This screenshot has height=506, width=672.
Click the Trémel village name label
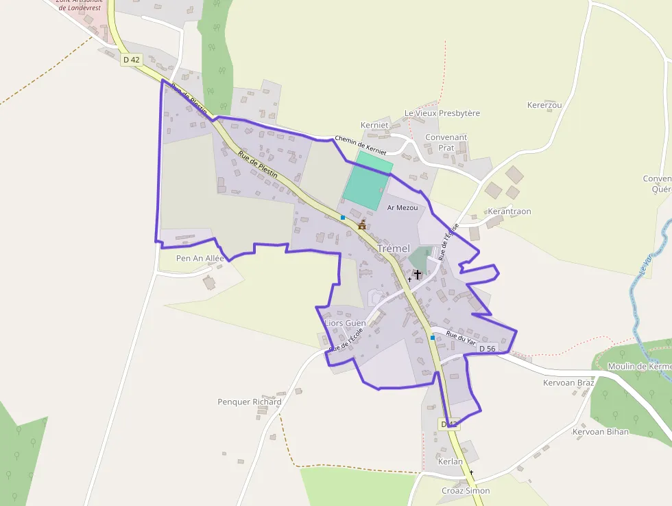point(394,249)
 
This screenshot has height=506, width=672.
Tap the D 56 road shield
point(487,349)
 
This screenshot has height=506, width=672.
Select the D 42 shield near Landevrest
point(131,60)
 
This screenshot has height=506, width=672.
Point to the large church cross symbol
point(417,274)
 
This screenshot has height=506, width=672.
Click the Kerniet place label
point(374,125)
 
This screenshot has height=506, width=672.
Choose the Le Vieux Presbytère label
point(442,113)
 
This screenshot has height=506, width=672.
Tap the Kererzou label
point(544,105)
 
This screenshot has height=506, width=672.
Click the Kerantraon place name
point(509,211)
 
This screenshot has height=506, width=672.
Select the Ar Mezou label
point(403,207)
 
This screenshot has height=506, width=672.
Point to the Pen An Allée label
point(200,258)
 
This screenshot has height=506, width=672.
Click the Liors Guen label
point(345,323)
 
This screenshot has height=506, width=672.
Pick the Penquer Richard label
point(250,402)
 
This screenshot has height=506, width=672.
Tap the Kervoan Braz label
point(568,382)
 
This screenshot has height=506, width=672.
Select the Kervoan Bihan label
point(601,432)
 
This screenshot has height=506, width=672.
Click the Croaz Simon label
point(466,490)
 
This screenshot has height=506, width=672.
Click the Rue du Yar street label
point(461,338)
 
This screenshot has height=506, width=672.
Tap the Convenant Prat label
point(446,142)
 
